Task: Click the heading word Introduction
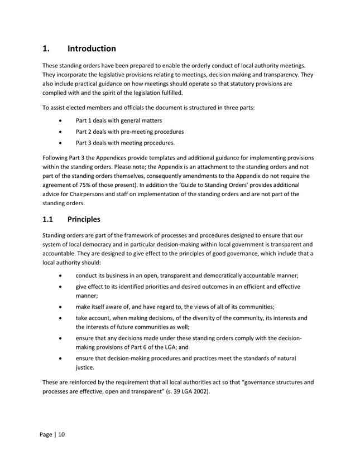click(92, 49)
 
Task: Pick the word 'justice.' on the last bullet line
click(87, 367)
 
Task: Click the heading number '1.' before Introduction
click(46, 49)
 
